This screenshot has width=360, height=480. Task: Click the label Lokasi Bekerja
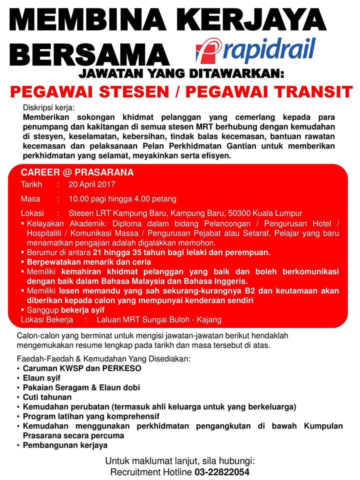[x=47, y=319]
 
